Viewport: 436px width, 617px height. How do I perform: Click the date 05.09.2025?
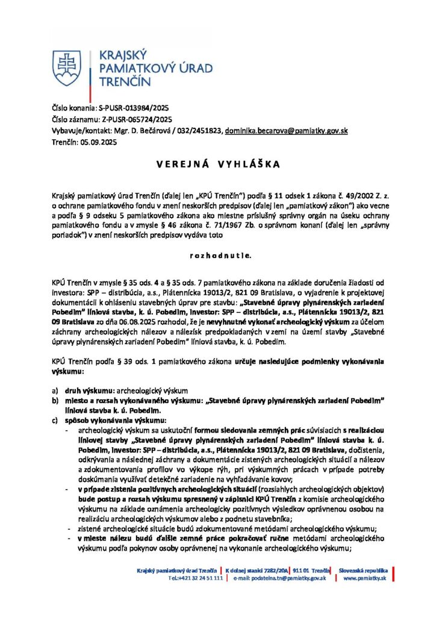(x=98, y=142)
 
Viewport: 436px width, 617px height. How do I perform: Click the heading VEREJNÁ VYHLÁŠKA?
(x=217, y=164)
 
